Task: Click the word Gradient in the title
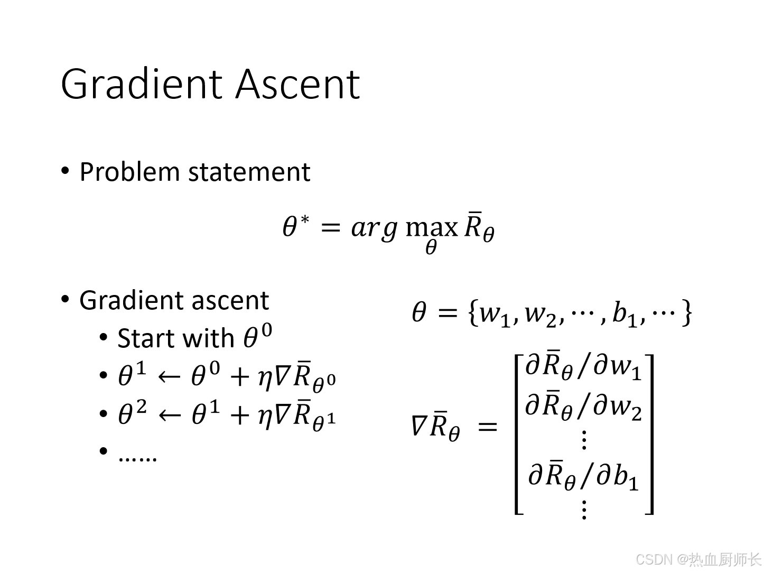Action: (x=143, y=84)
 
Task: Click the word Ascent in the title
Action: (x=297, y=84)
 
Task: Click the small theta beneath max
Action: (x=431, y=247)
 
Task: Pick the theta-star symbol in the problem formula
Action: (x=295, y=227)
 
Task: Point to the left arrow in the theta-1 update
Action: (x=169, y=377)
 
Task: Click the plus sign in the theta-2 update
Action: (x=239, y=414)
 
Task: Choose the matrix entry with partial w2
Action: (x=583, y=407)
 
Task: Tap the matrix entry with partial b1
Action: (x=583, y=476)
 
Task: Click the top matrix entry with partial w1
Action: (x=583, y=366)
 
